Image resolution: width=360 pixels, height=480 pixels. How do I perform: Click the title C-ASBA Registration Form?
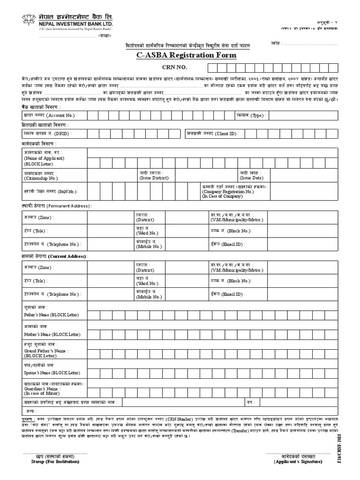[193, 56]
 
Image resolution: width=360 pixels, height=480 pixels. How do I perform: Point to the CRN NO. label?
[174, 68]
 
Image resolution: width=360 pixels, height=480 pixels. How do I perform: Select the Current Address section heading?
[55, 256]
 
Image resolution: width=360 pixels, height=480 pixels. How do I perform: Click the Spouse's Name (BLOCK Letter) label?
[52, 373]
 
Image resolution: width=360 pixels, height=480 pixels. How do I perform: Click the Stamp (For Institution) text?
[52, 461]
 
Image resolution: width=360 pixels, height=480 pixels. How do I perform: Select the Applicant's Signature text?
[298, 461]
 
